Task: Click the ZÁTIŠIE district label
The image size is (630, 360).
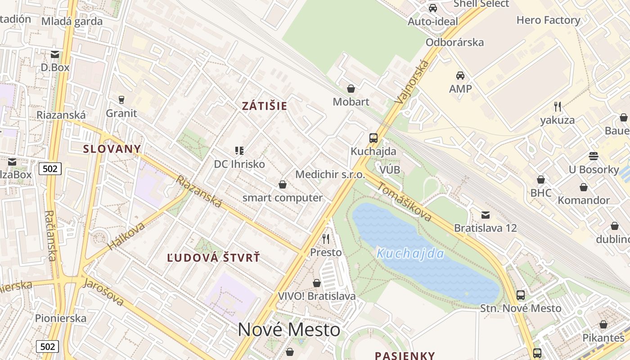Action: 264,106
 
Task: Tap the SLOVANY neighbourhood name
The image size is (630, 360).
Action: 112,149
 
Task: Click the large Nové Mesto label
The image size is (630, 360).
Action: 289,330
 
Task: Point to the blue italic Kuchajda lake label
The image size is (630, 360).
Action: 410,254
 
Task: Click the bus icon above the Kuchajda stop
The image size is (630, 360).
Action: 373,138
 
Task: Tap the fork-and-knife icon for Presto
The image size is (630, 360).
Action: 326,238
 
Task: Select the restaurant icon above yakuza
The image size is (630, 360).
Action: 558,107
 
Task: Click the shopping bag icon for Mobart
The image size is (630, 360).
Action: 351,89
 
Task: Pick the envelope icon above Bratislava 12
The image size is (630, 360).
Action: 485,215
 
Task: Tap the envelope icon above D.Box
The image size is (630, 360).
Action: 55,54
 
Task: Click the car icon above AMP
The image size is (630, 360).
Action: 460,75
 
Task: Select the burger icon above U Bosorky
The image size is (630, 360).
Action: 594,156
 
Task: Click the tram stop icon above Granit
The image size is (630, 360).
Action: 121,99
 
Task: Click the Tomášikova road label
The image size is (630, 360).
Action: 404,202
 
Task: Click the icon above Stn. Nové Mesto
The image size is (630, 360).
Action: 521,295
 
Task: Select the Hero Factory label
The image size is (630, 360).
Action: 548,20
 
